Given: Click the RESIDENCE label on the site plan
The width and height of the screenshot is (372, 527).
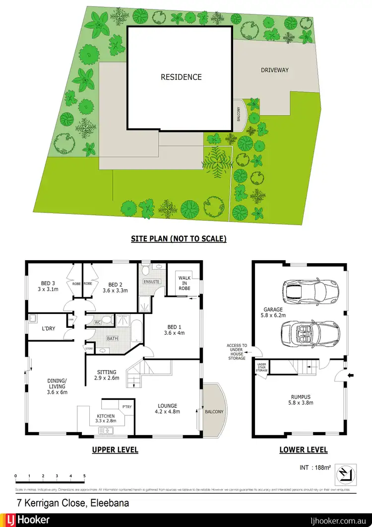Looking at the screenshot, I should [x=181, y=77].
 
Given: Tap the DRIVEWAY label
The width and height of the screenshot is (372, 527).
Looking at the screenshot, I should [x=275, y=70].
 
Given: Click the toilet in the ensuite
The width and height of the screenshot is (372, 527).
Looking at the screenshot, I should [x=146, y=271].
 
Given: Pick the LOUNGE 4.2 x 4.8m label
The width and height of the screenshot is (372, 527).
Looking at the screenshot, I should [x=166, y=408].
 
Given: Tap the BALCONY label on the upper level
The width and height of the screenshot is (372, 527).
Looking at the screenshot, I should [x=214, y=412].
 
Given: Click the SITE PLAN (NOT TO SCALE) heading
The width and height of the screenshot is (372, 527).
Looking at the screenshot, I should [x=179, y=239].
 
